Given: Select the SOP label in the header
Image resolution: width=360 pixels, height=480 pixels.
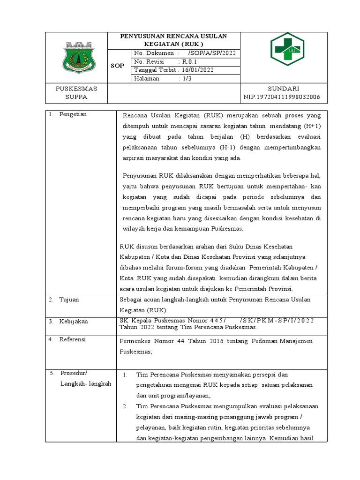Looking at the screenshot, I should pyautogui.click(x=117, y=66).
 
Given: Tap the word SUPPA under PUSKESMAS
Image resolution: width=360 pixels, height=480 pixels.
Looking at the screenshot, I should pyautogui.click(x=76, y=97).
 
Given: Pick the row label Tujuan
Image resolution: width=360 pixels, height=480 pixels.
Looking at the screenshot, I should pyautogui.click(x=69, y=299).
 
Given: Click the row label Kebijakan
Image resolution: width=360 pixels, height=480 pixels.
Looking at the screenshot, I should pyautogui.click(x=73, y=321).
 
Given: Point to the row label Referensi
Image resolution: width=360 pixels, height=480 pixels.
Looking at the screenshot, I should pyautogui.click(x=73, y=339).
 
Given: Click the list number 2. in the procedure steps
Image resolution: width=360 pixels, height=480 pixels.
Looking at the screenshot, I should pyautogui.click(x=125, y=406).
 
